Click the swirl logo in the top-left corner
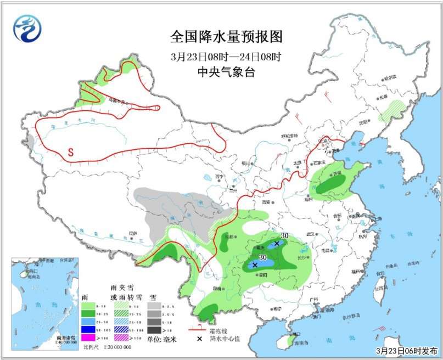click(x=27, y=29)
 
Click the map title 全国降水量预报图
click(x=226, y=37)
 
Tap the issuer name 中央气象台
click(x=226, y=72)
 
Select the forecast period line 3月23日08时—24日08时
click(x=226, y=56)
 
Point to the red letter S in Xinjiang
click(x=71, y=151)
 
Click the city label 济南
click(x=336, y=173)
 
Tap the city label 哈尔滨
click(x=390, y=78)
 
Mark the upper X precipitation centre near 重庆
click(x=277, y=243)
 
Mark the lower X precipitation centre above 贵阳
click(x=255, y=265)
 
